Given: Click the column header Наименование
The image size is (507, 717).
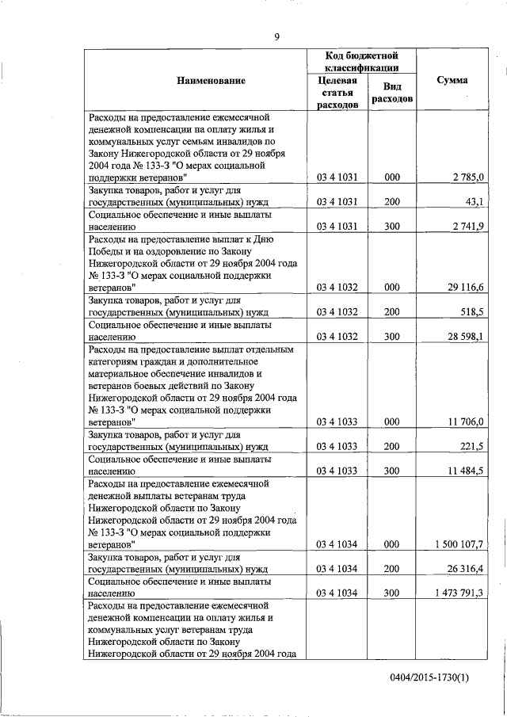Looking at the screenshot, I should pos(211,81).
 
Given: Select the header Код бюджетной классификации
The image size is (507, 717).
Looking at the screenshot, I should pos(361,62).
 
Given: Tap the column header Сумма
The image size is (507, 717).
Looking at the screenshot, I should pos(452,81).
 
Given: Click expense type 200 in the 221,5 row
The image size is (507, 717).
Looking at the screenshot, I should pos(391,447).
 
